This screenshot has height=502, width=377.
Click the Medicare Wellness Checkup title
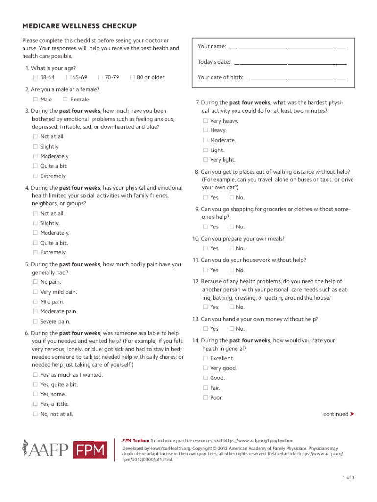[x=79, y=26]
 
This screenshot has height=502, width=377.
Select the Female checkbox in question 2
[x=66, y=100]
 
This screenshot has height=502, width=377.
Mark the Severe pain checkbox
[x=35, y=322]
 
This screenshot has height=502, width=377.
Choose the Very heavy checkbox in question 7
[x=205, y=121]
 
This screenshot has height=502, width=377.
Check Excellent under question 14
[x=205, y=358]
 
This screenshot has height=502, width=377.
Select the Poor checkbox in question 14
[x=205, y=398]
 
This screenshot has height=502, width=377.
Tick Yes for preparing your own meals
[x=205, y=249]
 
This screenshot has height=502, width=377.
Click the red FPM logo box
[x=90, y=450]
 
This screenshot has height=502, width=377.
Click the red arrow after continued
[x=353, y=414]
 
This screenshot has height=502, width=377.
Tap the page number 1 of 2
[x=349, y=477]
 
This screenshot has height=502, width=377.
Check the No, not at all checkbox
[x=35, y=414]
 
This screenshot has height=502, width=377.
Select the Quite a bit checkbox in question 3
[x=35, y=166]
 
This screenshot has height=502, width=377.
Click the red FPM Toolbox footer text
[x=136, y=441]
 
